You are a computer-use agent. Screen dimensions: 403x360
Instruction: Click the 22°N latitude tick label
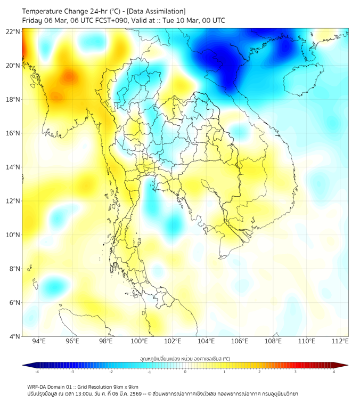tap(13, 31)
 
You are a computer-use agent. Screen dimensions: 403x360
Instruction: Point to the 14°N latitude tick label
tap(13, 167)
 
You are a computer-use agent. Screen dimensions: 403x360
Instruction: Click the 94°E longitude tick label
tap(39, 342)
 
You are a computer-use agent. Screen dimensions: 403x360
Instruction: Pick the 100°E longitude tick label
tap(139, 342)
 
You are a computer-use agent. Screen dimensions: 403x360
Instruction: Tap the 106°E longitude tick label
tap(240, 342)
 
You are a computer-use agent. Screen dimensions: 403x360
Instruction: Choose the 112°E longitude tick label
tap(340, 342)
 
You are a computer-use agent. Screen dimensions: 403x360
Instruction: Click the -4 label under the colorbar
tap(36, 372)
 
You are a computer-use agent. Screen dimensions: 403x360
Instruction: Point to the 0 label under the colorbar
tap(185, 372)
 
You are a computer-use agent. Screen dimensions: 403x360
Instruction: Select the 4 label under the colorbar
tap(334, 372)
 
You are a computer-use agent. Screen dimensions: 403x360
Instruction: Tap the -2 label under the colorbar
tap(111, 372)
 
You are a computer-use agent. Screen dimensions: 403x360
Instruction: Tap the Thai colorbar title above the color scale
tap(185, 358)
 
